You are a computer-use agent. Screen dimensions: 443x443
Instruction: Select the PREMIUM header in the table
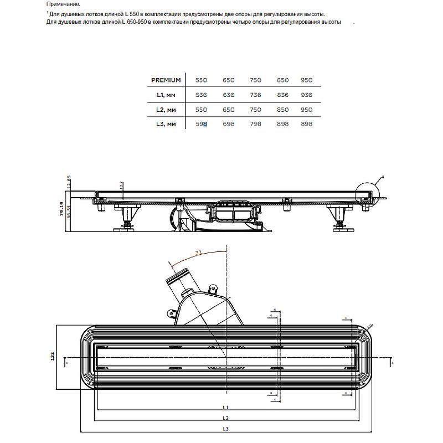[166, 80]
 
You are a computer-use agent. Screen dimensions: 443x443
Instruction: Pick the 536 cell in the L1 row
[202, 95]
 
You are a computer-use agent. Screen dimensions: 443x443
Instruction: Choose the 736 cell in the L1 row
[255, 95]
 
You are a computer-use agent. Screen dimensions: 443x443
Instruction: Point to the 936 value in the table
[306, 95]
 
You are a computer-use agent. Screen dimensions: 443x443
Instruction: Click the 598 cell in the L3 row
[202, 124]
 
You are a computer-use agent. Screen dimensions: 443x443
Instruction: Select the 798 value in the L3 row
[255, 124]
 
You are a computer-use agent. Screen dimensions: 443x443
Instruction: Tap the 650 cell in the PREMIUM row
[229, 80]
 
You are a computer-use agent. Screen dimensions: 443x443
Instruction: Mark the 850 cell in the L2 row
[282, 110]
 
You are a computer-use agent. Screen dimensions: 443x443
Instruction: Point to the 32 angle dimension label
[199, 253]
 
